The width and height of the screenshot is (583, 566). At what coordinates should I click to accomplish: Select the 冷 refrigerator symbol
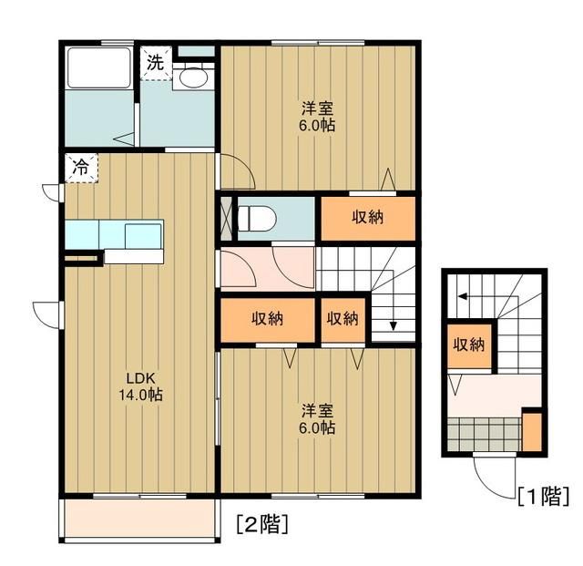coord(80,167)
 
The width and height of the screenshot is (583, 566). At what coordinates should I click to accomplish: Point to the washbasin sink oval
coord(192,78)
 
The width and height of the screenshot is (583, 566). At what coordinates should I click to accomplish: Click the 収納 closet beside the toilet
coord(367,218)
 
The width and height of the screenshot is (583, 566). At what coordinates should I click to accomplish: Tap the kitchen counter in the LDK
coord(114,235)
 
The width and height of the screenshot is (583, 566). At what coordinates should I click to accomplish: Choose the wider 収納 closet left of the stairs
coord(267,319)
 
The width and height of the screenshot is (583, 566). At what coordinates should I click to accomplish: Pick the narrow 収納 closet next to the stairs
coord(343,319)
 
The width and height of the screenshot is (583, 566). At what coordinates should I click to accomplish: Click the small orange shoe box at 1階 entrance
coord(531,429)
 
